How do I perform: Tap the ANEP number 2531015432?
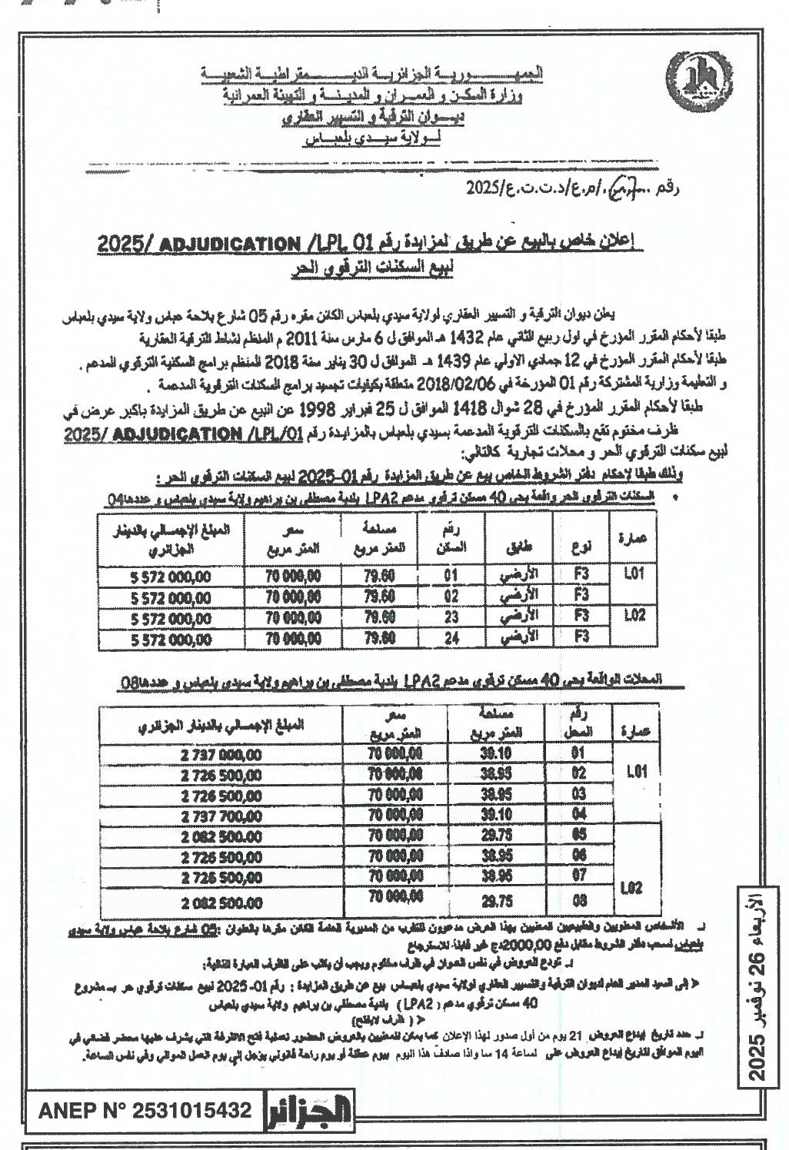(144, 1110)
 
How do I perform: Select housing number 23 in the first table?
(451, 617)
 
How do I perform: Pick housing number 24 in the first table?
(451, 636)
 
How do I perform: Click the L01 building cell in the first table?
(633, 575)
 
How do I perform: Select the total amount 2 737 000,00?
(221, 755)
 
